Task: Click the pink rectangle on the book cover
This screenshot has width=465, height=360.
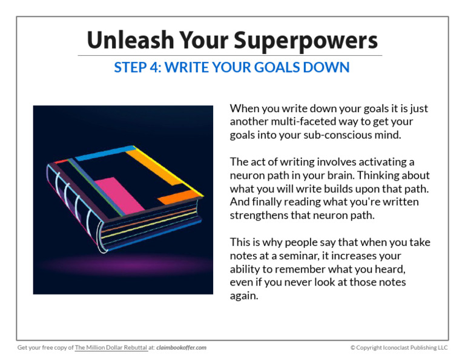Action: (117, 194)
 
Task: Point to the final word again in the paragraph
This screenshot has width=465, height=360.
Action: (244, 296)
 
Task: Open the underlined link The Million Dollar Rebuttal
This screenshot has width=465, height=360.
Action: (111, 348)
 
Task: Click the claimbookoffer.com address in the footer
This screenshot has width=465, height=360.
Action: (182, 348)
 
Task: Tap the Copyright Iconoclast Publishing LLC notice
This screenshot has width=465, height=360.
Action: (399, 348)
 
